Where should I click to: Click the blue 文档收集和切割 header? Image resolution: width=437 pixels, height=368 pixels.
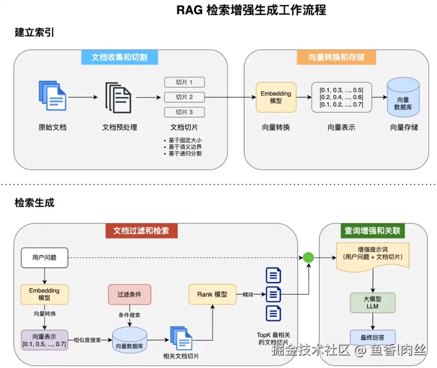pyautogui.click(x=121, y=57)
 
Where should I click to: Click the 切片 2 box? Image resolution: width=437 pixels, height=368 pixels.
pyautogui.click(x=184, y=97)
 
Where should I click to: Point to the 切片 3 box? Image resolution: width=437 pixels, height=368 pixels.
pyautogui.click(x=184, y=112)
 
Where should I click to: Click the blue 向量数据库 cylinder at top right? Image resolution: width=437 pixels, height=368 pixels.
pyautogui.click(x=403, y=96)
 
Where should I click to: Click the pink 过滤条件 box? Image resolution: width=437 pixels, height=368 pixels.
pyautogui.click(x=129, y=294)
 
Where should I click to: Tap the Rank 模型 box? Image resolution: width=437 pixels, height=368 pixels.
pyautogui.click(x=212, y=294)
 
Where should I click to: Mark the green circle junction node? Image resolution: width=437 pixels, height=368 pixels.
pyautogui.click(x=308, y=257)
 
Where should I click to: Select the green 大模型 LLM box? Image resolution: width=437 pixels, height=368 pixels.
pyautogui.click(x=374, y=302)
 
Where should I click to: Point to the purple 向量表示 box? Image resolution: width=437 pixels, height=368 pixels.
pyautogui.click(x=44, y=340)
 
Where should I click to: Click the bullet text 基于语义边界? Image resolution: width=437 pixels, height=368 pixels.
pyautogui.click(x=185, y=146)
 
